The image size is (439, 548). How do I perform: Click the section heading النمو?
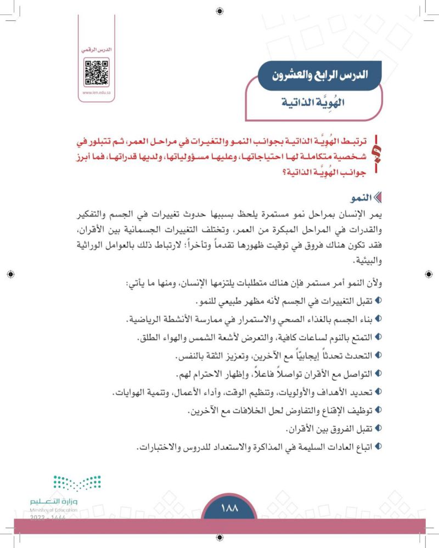click(x=354, y=197)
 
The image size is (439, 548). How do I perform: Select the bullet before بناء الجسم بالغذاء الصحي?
click(x=378, y=319)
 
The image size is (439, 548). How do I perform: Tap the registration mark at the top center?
click(x=219, y=9)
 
